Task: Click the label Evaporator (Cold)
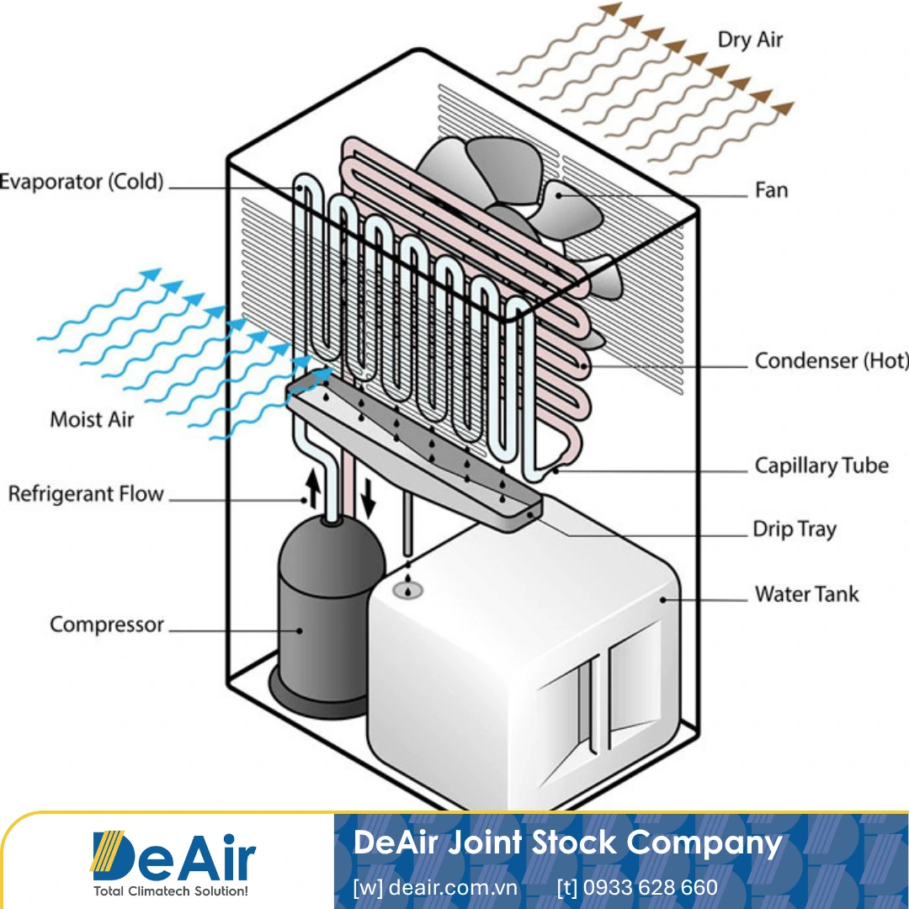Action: [82, 182]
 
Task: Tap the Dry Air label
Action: [750, 40]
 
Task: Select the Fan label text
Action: [771, 190]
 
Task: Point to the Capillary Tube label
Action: [821, 465]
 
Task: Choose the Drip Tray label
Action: [794, 529]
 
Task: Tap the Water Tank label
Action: [806, 594]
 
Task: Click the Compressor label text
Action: [106, 625]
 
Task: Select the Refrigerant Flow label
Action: [85, 494]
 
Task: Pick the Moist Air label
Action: [92, 419]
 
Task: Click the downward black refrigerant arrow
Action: [368, 502]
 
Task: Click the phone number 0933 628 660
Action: [637, 887]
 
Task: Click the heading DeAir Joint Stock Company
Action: [568, 843]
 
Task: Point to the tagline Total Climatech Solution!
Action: [173, 890]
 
